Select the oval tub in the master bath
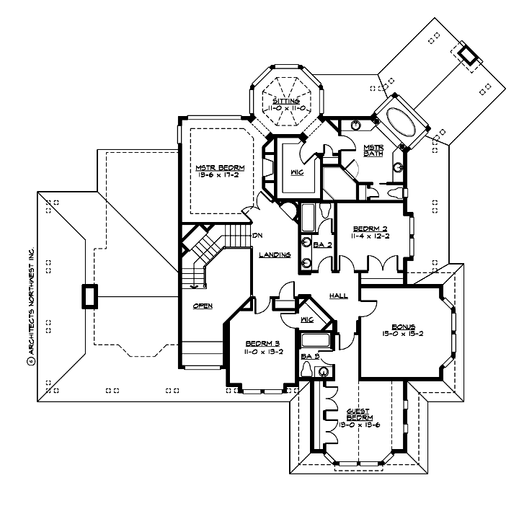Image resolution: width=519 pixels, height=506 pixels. [400, 122]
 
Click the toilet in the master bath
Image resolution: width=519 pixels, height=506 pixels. [396, 193]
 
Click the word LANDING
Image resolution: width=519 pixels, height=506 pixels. [276, 254]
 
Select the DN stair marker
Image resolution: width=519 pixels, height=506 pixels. [256, 236]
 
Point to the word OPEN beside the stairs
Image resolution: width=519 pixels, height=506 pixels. [203, 306]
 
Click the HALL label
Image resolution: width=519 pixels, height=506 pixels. [338, 296]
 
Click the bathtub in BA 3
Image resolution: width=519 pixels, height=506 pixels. [315, 339]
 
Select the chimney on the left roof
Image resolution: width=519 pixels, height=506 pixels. [89, 296]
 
